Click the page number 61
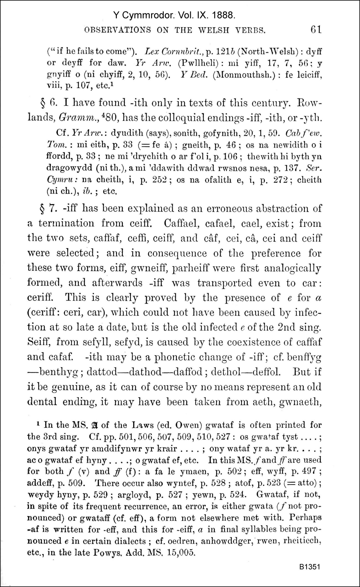click(x=316, y=29)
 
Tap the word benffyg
click(x=304, y=357)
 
